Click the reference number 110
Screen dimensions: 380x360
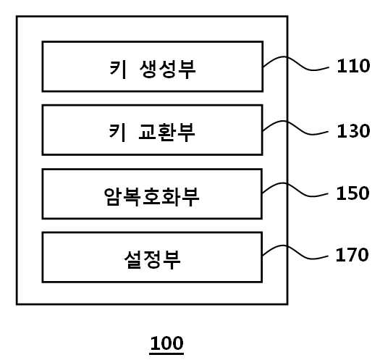tap(353, 66)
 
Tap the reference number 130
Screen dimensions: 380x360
tap(353, 131)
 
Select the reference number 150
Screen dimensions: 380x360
tap(353, 193)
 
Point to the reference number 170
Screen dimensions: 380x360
tap(352, 255)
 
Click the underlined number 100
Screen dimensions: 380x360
tap(166, 343)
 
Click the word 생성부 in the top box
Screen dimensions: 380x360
tap(168, 69)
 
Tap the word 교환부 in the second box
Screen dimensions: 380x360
tap(166, 133)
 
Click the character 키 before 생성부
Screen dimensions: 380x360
tap(118, 69)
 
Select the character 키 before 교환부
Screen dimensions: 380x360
tap(117, 133)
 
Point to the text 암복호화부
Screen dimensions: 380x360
tap(152, 197)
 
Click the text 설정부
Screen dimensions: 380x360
tap(152, 260)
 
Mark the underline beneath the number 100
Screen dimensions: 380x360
tap(166, 354)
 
